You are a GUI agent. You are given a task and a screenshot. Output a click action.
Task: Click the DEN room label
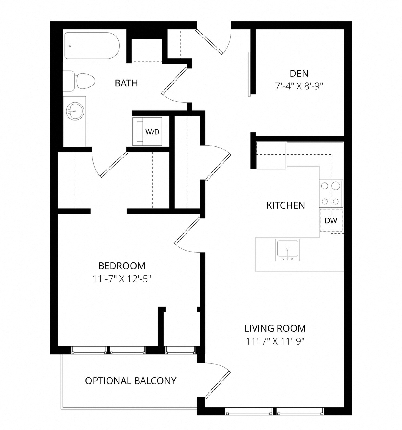coord(299,74)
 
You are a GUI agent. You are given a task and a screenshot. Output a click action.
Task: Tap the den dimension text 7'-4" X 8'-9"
coord(299,86)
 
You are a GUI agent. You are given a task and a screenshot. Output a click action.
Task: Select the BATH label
coord(126,83)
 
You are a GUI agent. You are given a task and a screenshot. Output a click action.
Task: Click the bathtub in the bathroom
coord(92,46)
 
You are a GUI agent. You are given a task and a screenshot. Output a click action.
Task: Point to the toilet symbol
coord(81,81)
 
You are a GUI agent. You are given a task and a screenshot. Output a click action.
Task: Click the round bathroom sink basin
coord(75,111)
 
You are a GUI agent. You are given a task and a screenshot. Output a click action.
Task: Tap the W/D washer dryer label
coord(152,132)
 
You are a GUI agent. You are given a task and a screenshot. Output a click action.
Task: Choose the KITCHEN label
coord(285,205)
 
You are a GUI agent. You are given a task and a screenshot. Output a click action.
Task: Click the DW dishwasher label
coord(331,221)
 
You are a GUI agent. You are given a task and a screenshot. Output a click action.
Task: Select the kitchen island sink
coord(287,250)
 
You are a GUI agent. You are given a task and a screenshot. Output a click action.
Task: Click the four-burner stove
coord(330,194)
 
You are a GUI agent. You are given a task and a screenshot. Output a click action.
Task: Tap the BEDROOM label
coord(122,266)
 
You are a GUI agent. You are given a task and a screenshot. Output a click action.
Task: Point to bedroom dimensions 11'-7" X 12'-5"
coord(122,279)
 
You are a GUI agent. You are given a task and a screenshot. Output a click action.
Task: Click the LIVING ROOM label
coord(275,328)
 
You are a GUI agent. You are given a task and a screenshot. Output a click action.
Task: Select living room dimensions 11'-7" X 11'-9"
coord(275,341)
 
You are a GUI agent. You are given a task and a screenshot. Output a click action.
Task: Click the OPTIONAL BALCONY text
coord(131,381)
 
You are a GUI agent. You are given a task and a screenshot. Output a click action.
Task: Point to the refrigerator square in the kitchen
coord(271,155)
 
